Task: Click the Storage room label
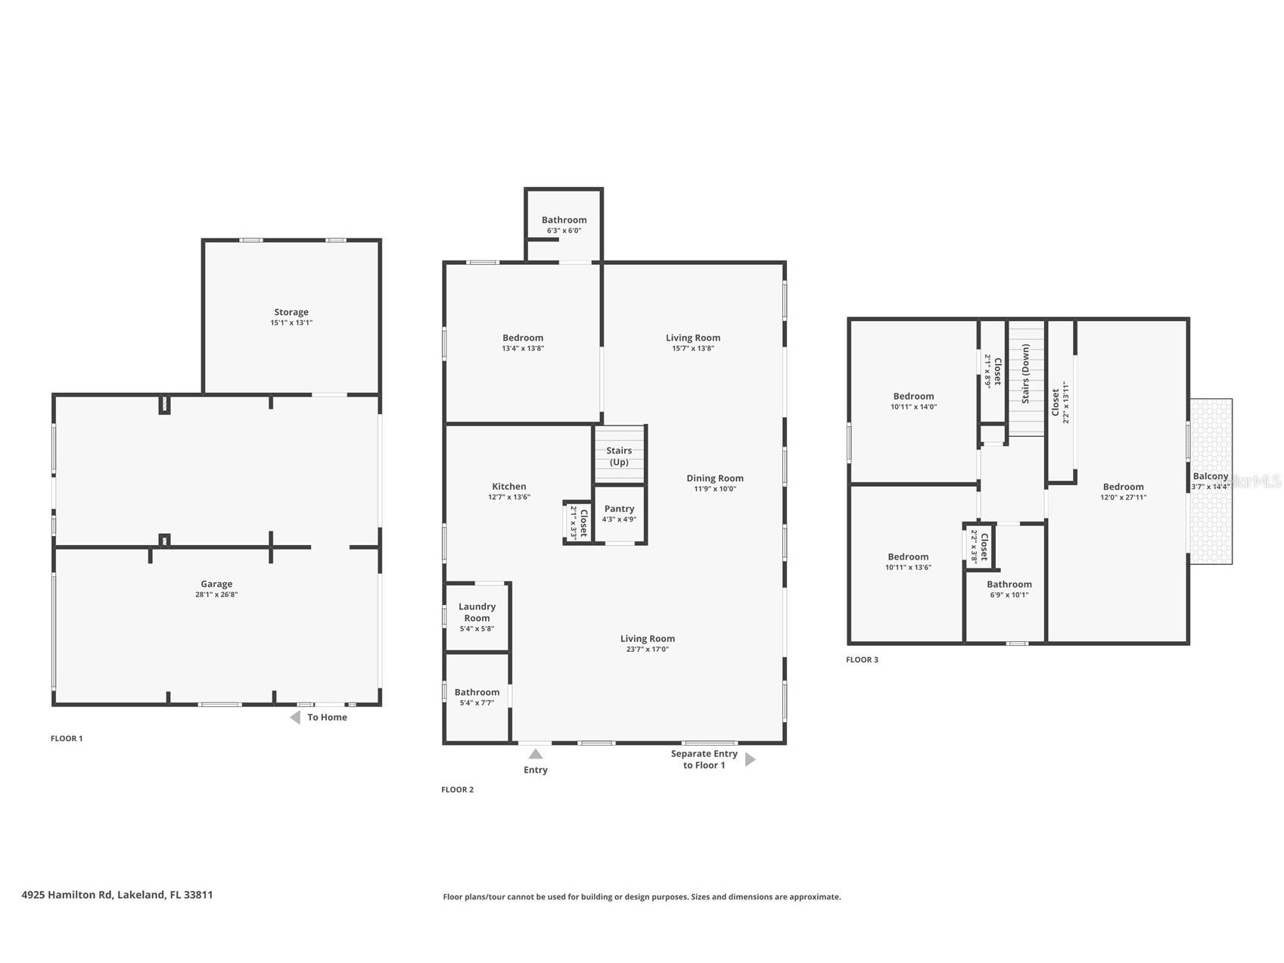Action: coord(291,312)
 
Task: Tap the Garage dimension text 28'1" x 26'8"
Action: coord(216,595)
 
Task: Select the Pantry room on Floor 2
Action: coord(619,513)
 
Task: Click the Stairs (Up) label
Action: coord(619,456)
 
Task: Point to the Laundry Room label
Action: coord(477,612)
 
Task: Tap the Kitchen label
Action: coord(509,487)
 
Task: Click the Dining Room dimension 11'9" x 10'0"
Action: coord(715,489)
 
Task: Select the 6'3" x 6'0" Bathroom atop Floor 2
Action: coord(564,224)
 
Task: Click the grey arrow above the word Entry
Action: coord(536,753)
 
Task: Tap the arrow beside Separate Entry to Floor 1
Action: coord(750,759)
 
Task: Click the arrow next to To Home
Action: coord(295,717)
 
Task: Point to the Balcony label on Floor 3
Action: coord(1211,476)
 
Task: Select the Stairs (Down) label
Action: coord(1026,373)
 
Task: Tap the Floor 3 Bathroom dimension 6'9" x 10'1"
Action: coord(1009,595)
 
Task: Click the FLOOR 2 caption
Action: coord(457,790)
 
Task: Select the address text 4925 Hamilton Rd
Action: coord(117,894)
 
